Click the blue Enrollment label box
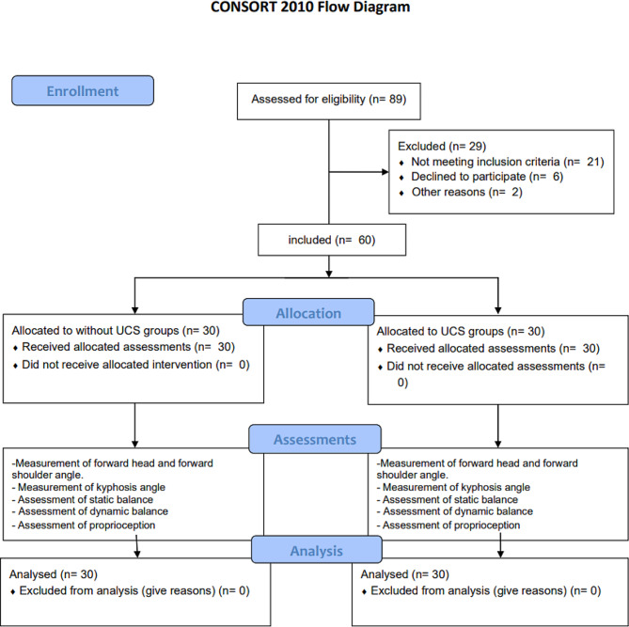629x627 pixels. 83,90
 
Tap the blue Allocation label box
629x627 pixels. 308,312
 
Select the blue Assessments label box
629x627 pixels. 315,439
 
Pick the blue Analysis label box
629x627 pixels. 317,550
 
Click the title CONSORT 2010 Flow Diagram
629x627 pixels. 310,7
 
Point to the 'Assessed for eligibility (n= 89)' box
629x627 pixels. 329,102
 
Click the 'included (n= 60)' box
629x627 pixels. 332,240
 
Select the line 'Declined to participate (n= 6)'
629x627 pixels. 487,177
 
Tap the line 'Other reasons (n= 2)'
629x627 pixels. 467,192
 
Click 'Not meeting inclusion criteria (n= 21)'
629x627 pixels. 508,162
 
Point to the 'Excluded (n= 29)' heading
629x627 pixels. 442,146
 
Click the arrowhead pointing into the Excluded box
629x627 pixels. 385,172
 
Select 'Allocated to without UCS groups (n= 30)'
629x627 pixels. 116,331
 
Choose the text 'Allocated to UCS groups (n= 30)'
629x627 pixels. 461,331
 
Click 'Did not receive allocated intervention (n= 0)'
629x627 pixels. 135,365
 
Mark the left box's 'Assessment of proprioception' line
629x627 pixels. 86,525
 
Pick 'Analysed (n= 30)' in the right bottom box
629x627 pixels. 404,574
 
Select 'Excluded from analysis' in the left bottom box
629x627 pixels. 79,590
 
